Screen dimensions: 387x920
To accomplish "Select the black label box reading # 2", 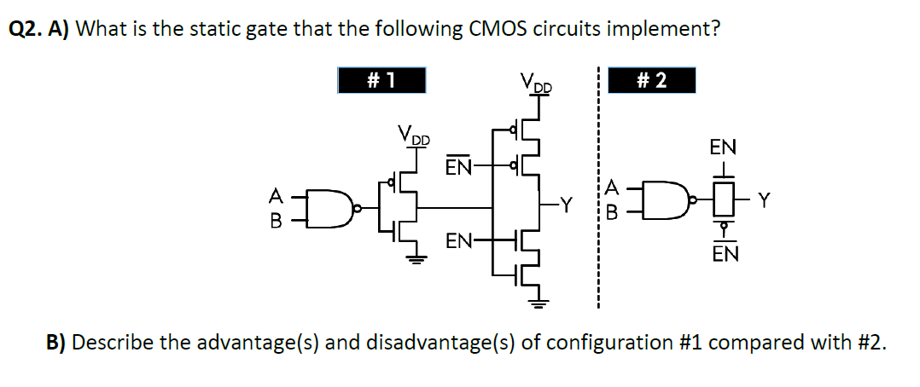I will [652, 80].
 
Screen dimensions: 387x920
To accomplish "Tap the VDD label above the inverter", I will [415, 135].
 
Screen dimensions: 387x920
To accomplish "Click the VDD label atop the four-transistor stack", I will [536, 84].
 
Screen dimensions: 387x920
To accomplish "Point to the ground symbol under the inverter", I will [416, 262].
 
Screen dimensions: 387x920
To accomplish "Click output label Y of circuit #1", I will [565, 205].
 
